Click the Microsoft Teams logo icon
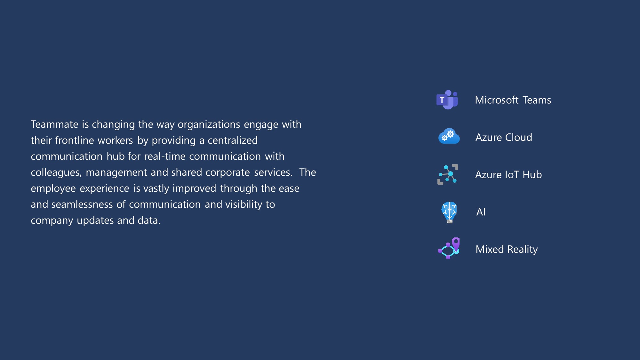pos(447,100)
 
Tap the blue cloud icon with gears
pos(449,136)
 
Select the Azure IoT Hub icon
pos(448,174)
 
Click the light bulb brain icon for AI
pos(449,212)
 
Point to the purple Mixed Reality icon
pos(449,248)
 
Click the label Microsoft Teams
pos(513,100)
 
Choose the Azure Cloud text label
pos(504,137)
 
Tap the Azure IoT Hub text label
pos(508,175)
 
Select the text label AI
pos(481,212)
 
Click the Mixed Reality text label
pos(507,249)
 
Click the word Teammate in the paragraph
pos(54,124)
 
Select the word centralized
pos(233,140)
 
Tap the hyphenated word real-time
pos(165,156)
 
